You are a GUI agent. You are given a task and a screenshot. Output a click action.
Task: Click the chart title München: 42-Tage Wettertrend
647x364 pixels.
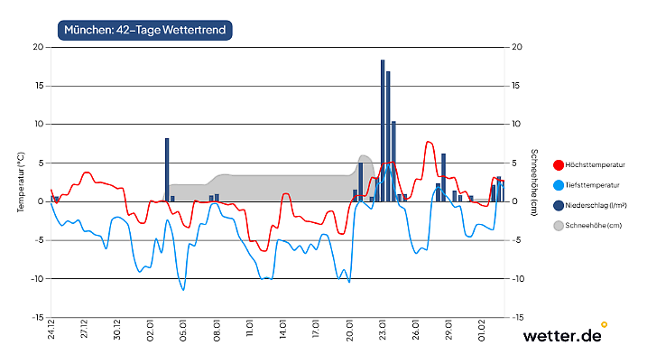click(145, 30)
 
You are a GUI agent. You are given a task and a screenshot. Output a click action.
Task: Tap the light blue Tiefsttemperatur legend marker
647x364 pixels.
click(558, 185)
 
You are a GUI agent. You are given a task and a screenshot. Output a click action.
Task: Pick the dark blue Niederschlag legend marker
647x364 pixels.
click(558, 205)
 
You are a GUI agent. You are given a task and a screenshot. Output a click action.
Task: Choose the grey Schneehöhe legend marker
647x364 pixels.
click(558, 225)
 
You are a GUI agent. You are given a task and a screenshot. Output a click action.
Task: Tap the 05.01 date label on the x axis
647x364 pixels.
click(184, 333)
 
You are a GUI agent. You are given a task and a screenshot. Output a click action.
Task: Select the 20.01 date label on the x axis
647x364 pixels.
click(350, 333)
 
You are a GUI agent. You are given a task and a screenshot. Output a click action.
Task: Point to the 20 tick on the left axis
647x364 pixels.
click(38, 47)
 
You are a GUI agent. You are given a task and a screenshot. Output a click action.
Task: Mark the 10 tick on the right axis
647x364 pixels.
click(516, 125)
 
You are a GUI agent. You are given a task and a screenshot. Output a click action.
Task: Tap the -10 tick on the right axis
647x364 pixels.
click(517, 279)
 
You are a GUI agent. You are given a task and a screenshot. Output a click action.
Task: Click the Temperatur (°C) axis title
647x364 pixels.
click(21, 182)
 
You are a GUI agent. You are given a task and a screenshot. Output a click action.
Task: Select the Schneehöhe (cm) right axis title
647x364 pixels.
click(533, 182)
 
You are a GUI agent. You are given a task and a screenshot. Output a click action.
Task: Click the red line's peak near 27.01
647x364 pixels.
click(430, 142)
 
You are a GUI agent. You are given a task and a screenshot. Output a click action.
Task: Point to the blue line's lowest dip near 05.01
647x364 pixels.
click(183, 290)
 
